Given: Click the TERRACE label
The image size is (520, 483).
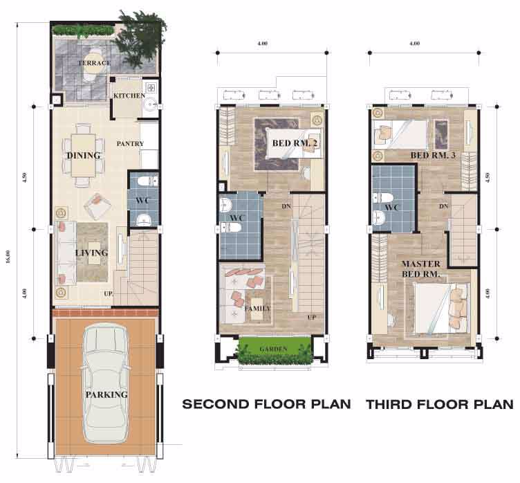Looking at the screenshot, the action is tap(95, 63).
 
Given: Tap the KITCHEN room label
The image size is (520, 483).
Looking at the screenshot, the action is tap(129, 95).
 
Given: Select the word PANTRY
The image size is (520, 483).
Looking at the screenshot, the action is tap(130, 144).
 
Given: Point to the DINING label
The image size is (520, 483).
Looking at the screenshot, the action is tap(84, 156).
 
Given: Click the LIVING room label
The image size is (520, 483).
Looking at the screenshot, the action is tap(92, 253).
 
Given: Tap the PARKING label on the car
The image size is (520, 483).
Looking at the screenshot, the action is tap(106, 394).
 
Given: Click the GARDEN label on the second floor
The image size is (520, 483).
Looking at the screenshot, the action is tap(274, 349).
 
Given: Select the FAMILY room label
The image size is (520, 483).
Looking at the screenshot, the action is tap(258, 309).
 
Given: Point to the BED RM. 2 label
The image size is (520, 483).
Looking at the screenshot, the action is tap(295, 143).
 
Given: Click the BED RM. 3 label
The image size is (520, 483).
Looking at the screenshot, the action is tap(433, 155).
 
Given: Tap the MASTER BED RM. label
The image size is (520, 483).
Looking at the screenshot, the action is tap(421, 269).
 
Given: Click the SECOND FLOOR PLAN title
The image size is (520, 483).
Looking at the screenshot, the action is tap(267, 404).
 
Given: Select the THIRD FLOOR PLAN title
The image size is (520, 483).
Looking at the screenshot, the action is tap(440, 404).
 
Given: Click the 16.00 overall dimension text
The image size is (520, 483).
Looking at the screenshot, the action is tap(8, 257).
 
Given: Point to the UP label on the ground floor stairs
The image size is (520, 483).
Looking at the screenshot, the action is tap(109, 294).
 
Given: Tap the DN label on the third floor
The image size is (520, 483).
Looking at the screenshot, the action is tap(444, 206).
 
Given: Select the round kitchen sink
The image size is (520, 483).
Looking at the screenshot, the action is tap(151, 104).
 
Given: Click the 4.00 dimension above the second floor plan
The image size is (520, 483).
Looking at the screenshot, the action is tap(262, 43).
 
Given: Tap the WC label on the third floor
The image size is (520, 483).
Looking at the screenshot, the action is tap(391, 208).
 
